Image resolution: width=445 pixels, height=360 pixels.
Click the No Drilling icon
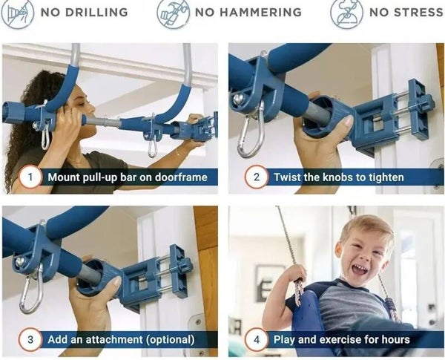click(18, 13)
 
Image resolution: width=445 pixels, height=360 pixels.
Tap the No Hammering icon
click(173, 13)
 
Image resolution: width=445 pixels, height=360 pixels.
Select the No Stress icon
click(346, 13)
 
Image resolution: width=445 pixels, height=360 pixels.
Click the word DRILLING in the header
click(96, 12)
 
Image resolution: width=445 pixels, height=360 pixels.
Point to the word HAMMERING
click(260, 12)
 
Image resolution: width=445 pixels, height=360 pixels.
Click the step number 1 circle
click(30, 177)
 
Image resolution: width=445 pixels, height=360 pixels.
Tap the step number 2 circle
click(257, 177)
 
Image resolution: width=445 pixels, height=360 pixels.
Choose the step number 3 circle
click(30, 339)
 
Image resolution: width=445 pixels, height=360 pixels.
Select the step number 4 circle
click(257, 339)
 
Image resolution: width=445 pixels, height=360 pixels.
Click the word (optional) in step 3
click(171, 340)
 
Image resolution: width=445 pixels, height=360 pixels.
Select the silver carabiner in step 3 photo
click(30, 292)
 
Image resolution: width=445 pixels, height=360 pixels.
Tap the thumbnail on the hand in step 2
click(349, 122)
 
